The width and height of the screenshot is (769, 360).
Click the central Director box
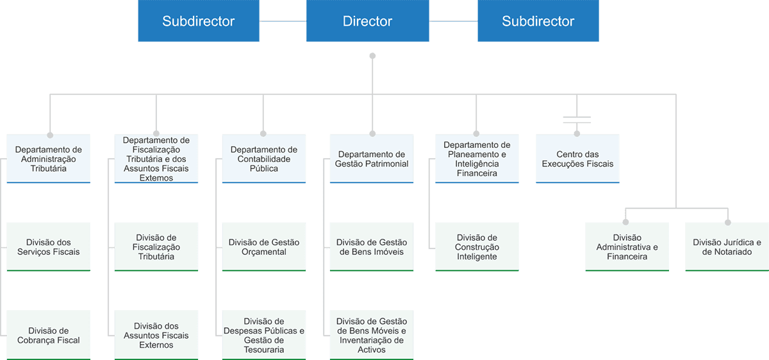click(367, 21)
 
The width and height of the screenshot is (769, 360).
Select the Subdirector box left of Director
click(199, 21)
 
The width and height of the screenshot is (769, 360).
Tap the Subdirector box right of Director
click(538, 21)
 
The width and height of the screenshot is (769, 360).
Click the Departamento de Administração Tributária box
click(49, 159)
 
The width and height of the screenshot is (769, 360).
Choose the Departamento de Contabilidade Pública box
click(264, 159)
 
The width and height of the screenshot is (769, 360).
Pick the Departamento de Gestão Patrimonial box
click(372, 159)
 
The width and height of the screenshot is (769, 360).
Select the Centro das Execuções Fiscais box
click(577, 159)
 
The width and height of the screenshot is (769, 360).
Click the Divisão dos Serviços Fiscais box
click(49, 247)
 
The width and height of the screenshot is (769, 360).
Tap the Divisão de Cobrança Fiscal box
click(49, 335)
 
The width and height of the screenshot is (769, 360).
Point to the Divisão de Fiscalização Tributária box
click(156, 247)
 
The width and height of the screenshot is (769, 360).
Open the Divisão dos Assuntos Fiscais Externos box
click(156, 335)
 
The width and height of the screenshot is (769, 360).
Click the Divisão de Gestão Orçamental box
click(264, 247)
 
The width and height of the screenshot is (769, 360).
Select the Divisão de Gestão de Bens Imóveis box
click(372, 247)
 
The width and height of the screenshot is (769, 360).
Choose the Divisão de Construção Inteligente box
click(477, 247)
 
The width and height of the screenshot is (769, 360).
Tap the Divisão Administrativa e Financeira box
click(627, 247)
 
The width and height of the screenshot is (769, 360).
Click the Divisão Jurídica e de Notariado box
click(727, 247)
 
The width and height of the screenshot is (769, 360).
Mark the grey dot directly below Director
click(372, 56)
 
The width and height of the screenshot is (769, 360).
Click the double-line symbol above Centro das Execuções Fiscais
click(577, 119)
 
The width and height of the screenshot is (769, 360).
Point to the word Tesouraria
click(264, 350)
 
